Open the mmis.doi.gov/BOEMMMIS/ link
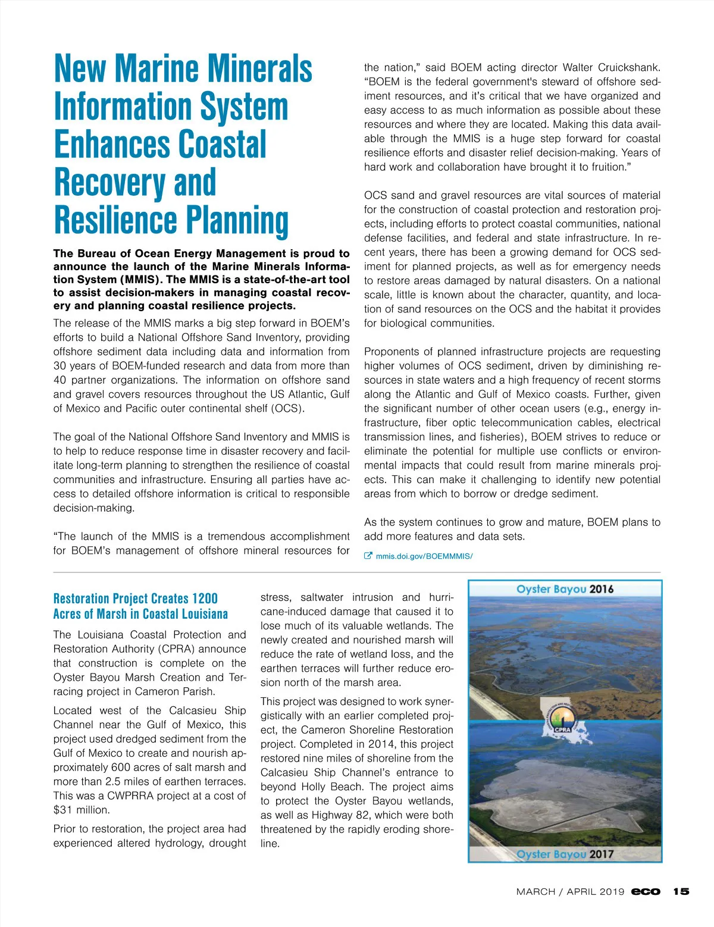pos(424,556)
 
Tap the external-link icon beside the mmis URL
pos(368,556)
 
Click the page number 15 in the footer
pos(681,891)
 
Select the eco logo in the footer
pos(646,891)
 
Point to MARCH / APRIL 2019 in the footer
pos(570,891)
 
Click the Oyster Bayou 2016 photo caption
pos(565,589)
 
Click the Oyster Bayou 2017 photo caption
pos(565,854)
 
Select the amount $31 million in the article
pos(82,810)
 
